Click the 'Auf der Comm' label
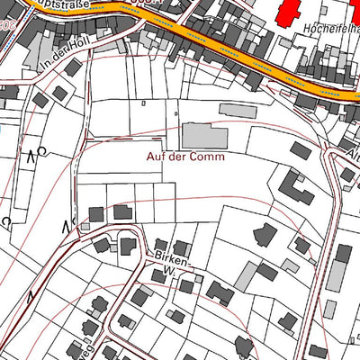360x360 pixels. (187, 156)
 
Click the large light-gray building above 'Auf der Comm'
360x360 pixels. (204, 137)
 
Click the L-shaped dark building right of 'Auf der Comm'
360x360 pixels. (293, 186)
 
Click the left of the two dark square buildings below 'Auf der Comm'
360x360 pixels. (96, 214)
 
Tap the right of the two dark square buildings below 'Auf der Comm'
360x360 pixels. (121, 212)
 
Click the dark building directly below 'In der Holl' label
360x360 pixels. (74, 68)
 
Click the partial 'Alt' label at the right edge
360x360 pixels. (351, 152)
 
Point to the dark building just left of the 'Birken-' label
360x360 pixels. (127, 247)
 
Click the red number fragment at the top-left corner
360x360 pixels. (7, 24)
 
